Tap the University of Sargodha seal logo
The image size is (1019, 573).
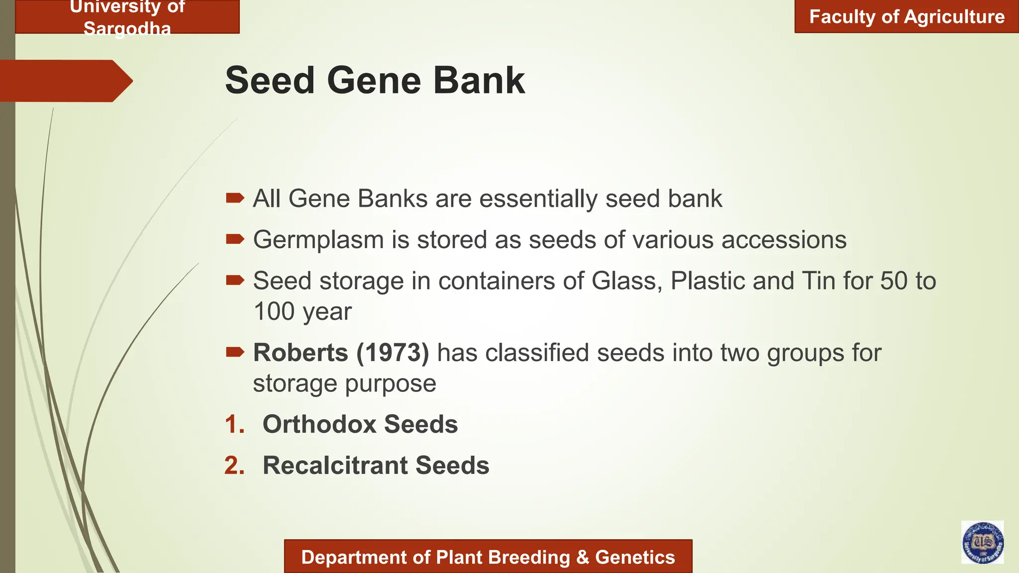click(x=982, y=542)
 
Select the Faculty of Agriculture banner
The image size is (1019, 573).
click(x=907, y=17)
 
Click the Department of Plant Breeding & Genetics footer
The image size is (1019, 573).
click(x=488, y=557)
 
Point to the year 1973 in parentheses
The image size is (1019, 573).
click(x=393, y=353)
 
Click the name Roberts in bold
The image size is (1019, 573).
click(x=301, y=353)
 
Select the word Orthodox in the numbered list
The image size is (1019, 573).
click(x=319, y=424)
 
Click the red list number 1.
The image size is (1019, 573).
click(x=234, y=424)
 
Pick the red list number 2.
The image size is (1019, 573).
click(x=234, y=466)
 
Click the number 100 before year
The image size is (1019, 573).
click(x=274, y=312)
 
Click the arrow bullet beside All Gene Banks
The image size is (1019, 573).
click(x=235, y=198)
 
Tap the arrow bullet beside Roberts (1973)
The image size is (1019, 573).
click(x=235, y=353)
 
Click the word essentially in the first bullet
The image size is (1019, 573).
click(x=538, y=199)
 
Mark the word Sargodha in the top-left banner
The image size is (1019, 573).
click(x=127, y=29)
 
